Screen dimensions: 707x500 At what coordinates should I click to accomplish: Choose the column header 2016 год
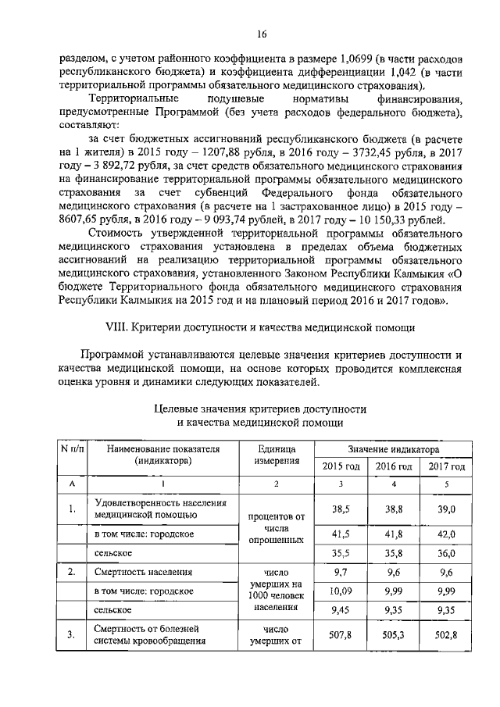coord(394,466)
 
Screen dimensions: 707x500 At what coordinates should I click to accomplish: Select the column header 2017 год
coord(446,466)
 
